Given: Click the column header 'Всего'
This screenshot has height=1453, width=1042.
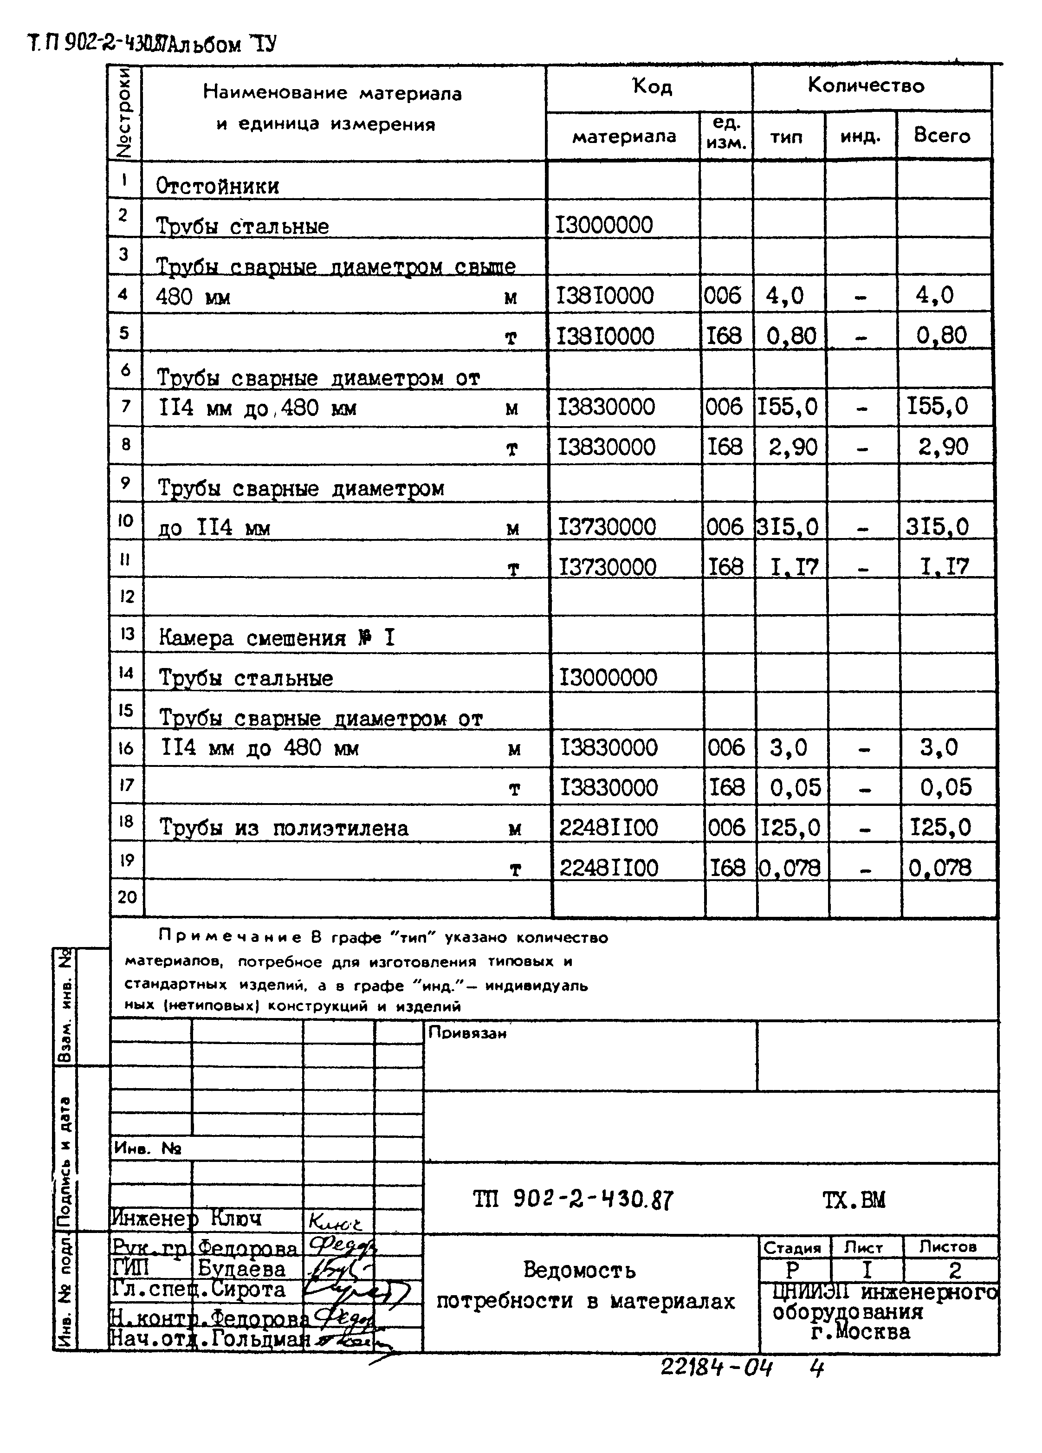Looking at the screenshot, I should [x=941, y=136].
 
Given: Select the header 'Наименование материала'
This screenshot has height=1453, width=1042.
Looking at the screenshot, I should [x=332, y=93].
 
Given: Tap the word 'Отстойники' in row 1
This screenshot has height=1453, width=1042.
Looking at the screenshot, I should [x=217, y=187].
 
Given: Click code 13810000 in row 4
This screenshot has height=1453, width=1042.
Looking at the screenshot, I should [x=605, y=296].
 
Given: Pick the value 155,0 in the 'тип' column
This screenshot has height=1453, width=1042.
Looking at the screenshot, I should [x=788, y=407].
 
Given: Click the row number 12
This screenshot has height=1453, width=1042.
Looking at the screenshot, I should [x=126, y=597].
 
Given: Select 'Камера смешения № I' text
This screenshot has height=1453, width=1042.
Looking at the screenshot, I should [x=277, y=638].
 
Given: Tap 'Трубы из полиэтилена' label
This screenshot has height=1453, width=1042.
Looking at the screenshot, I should [x=283, y=828].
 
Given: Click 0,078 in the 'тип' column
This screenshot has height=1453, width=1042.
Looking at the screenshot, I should [x=790, y=868].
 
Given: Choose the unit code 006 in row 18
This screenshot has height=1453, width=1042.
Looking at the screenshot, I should [x=726, y=828].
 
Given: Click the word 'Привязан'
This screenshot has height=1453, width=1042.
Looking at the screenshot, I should [x=467, y=1033].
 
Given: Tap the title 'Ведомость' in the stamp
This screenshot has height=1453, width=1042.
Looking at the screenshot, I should [x=579, y=1269].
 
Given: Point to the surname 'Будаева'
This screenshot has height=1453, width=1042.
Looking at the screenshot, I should [x=241, y=1269].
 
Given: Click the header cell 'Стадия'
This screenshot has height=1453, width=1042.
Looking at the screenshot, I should [x=792, y=1247].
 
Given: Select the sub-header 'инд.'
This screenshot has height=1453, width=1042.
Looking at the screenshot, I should [x=860, y=136].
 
